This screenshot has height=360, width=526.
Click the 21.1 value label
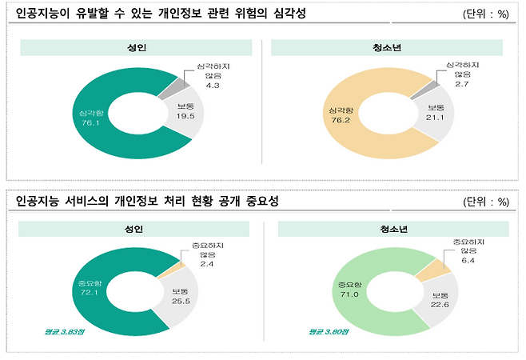pos(436,117)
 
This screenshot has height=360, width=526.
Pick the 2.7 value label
pos(462,82)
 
